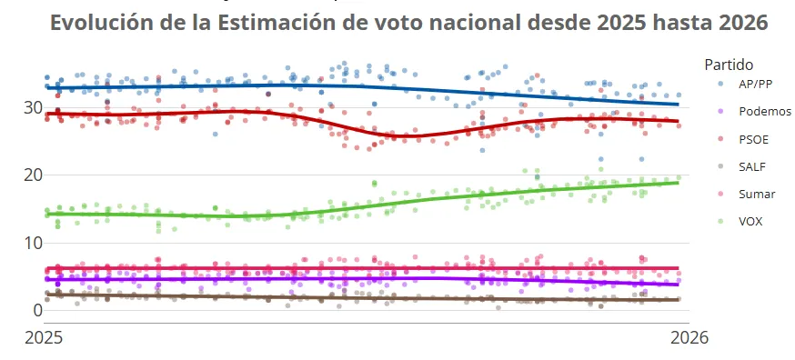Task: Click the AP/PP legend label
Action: coord(757,83)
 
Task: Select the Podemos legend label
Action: coord(765,111)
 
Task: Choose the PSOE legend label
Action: coord(755,138)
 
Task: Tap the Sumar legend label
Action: coord(757,194)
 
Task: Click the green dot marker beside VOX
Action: coord(720,221)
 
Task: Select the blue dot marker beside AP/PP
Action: coord(720,83)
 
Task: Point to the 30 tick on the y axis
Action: coord(33,107)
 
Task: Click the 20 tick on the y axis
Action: coord(33,175)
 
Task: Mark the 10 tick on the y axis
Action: coord(33,243)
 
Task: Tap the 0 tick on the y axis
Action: coord(37,310)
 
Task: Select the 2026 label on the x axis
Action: coord(689,337)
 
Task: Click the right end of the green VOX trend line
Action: coord(679,183)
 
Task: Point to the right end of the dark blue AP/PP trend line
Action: coord(679,105)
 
